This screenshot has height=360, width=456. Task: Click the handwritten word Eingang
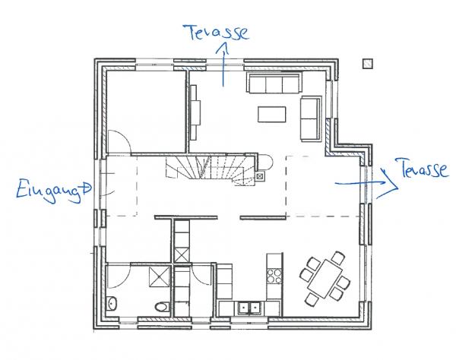(x=49, y=191)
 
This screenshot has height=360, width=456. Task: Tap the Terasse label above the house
(x=216, y=32)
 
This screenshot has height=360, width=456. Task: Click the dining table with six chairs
(x=325, y=279)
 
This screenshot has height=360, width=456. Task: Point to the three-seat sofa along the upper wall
(x=274, y=82)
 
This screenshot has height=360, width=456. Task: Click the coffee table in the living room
(x=271, y=114)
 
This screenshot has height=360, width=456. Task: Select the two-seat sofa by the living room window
(x=311, y=118)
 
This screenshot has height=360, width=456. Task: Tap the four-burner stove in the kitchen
(x=274, y=276)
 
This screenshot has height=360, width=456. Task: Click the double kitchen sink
(x=249, y=308)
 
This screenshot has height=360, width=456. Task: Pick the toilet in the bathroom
(x=162, y=307)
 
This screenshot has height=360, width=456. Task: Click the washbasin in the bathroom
(x=112, y=304)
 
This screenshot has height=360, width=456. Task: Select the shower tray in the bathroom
(x=160, y=277)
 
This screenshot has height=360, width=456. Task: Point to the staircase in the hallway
(x=211, y=170)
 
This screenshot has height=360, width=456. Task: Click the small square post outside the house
(x=368, y=64)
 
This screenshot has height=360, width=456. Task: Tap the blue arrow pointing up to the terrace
(x=223, y=64)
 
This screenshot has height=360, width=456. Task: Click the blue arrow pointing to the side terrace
(x=367, y=183)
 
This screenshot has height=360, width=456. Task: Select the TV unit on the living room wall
(x=195, y=112)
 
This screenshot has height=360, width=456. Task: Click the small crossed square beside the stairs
(x=260, y=175)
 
